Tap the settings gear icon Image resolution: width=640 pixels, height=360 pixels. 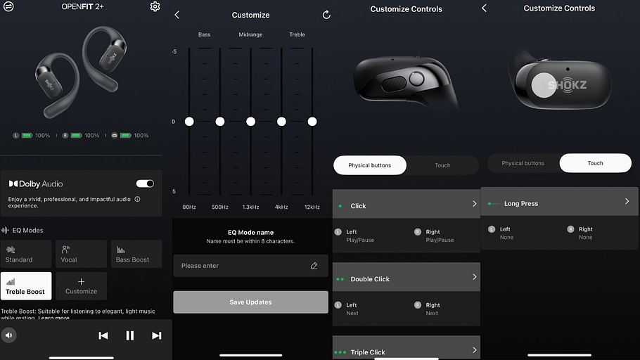(155, 6)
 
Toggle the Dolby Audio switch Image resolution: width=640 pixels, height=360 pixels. (145, 184)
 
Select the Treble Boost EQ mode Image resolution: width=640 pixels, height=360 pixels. (26, 285)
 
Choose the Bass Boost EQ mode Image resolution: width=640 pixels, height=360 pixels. (136, 254)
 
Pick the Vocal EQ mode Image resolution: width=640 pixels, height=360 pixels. (81, 254)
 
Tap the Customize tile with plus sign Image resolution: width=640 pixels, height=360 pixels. (81, 285)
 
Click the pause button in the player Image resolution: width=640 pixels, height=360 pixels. (130, 335)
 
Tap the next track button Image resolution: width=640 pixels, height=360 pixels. (156, 335)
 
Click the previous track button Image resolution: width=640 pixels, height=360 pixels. (103, 335)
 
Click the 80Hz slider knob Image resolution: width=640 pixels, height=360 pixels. (189, 121)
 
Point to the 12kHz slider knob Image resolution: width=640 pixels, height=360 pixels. (312, 121)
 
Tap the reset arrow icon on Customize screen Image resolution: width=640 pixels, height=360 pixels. (326, 15)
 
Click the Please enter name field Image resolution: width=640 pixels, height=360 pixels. (250, 266)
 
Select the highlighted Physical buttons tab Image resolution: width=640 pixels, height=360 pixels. (370, 165)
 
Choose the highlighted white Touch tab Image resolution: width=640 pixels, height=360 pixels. (596, 163)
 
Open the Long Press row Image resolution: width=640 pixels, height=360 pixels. (559, 202)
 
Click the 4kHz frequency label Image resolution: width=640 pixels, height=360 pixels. (281, 207)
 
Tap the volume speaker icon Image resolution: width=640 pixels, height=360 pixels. (8, 335)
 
